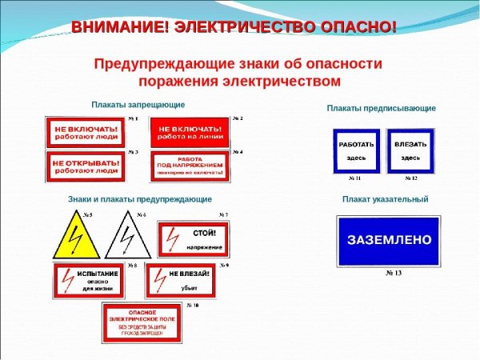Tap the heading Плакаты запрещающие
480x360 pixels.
pyautogui.click(x=137, y=105)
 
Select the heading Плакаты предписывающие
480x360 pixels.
pyautogui.click(x=381, y=108)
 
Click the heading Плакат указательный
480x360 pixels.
pyautogui.click(x=385, y=199)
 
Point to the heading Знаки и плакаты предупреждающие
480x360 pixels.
pyautogui.click(x=140, y=198)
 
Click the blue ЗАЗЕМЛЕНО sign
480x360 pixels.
pyautogui.click(x=388, y=240)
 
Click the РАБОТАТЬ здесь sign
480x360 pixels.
pyautogui.click(x=356, y=150)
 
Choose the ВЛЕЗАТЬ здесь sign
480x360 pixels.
pyautogui.click(x=411, y=150)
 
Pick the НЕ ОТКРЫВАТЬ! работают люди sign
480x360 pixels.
pyautogui.click(x=86, y=166)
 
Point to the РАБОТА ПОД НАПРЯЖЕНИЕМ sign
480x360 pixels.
pyautogui.click(x=190, y=166)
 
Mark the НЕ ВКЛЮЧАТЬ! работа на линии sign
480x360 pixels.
pyautogui.click(x=190, y=132)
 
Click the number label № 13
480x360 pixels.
pyautogui.click(x=393, y=274)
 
